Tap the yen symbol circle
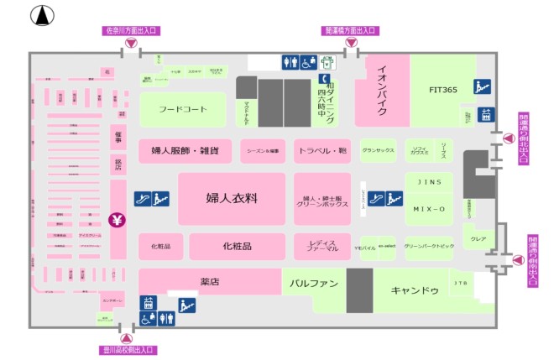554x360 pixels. click(x=117, y=222)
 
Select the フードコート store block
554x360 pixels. click(x=182, y=108)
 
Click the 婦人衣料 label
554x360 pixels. click(x=231, y=198)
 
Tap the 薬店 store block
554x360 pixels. click(x=209, y=282)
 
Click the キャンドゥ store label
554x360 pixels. click(x=415, y=290)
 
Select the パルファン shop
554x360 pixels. click(x=313, y=284)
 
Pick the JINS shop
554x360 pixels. click(x=428, y=181)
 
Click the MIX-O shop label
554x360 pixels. click(x=428, y=208)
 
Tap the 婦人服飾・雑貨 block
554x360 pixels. click(x=185, y=151)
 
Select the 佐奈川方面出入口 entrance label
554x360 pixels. click(x=131, y=31)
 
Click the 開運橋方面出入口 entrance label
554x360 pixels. click(x=352, y=31)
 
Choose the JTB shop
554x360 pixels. click(x=461, y=284)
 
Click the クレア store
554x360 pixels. click(x=478, y=239)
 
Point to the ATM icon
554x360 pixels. click(x=328, y=62)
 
